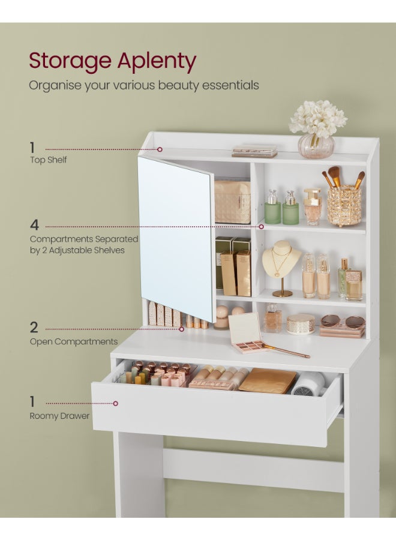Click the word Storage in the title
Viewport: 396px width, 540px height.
(70, 61)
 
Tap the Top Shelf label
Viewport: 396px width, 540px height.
(48, 160)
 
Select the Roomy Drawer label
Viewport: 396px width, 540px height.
(59, 416)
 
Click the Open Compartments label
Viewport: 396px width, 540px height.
(73, 341)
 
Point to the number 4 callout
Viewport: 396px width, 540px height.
(34, 226)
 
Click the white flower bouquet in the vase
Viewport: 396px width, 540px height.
(317, 119)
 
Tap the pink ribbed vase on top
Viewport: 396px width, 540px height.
(316, 146)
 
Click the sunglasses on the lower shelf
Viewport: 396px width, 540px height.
(343, 322)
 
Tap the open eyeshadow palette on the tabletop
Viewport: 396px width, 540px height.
(247, 334)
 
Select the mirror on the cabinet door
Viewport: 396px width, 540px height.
(176, 237)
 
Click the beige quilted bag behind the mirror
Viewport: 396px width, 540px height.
(233, 202)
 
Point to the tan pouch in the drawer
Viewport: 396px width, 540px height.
(268, 380)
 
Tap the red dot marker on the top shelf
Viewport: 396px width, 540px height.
(160, 149)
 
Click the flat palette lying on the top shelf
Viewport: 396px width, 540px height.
(254, 151)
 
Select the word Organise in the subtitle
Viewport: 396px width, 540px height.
(54, 85)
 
